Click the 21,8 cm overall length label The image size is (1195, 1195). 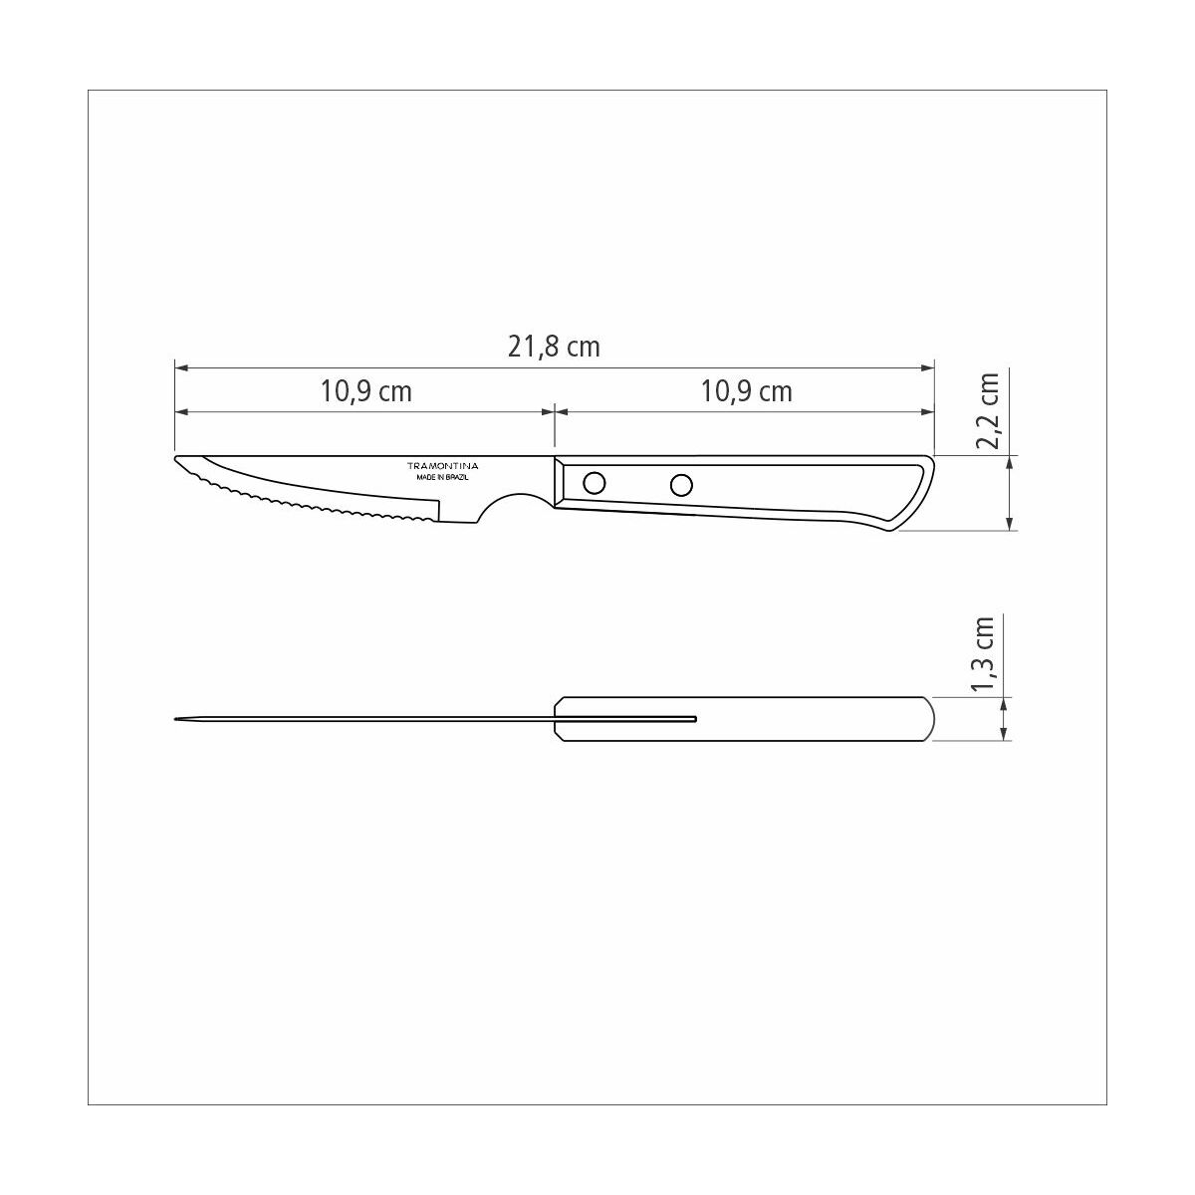(555, 347)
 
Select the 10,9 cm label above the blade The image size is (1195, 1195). (365, 391)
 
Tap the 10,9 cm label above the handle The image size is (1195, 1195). (746, 391)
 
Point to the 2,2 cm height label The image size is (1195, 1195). (988, 411)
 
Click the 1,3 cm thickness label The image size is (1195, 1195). (984, 654)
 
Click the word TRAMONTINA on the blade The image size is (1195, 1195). (443, 466)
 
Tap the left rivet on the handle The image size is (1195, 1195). (594, 484)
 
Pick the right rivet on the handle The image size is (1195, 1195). (681, 485)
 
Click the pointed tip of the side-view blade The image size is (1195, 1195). (178, 460)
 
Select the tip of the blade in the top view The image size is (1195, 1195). (176, 718)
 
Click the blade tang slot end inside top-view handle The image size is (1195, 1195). (694, 718)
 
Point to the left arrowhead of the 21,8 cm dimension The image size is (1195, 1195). (180, 368)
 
